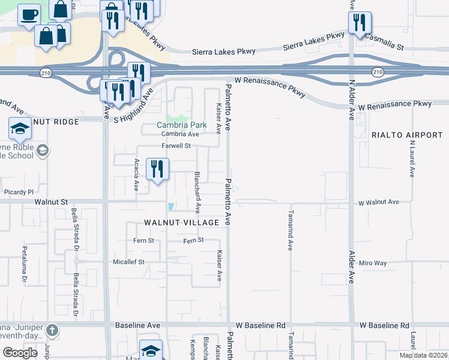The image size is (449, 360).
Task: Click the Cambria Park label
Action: click(181, 125)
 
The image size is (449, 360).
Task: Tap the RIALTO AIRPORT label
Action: click(407, 135)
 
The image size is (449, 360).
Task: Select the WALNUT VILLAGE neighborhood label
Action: click(182, 223)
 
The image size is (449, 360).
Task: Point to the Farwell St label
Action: click(176, 146)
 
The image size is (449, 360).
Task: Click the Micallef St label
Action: click(129, 262)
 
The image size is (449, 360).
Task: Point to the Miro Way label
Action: click(373, 263)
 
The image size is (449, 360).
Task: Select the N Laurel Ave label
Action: click(412, 159)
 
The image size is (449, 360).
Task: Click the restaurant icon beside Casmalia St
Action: click(360, 23)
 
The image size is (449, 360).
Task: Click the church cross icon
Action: click(52, 330)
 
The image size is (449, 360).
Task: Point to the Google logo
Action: click(20, 353)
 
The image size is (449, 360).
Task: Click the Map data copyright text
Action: click(424, 355)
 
